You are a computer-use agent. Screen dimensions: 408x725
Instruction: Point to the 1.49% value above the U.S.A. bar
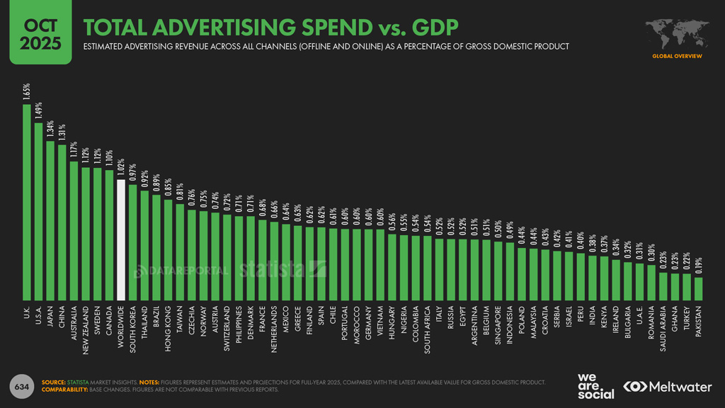[x=39, y=111]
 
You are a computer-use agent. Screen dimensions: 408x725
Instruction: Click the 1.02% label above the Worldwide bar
[x=121, y=169]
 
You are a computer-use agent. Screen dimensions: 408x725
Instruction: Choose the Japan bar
[x=50, y=220]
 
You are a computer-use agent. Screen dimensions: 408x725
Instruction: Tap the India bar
[x=592, y=277]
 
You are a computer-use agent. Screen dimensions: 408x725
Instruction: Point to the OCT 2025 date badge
[x=40, y=35]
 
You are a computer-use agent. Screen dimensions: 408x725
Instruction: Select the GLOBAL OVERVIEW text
[x=677, y=56]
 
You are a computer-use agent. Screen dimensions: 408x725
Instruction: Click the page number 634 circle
[x=22, y=386]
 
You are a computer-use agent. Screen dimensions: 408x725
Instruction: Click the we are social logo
[x=595, y=385]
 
